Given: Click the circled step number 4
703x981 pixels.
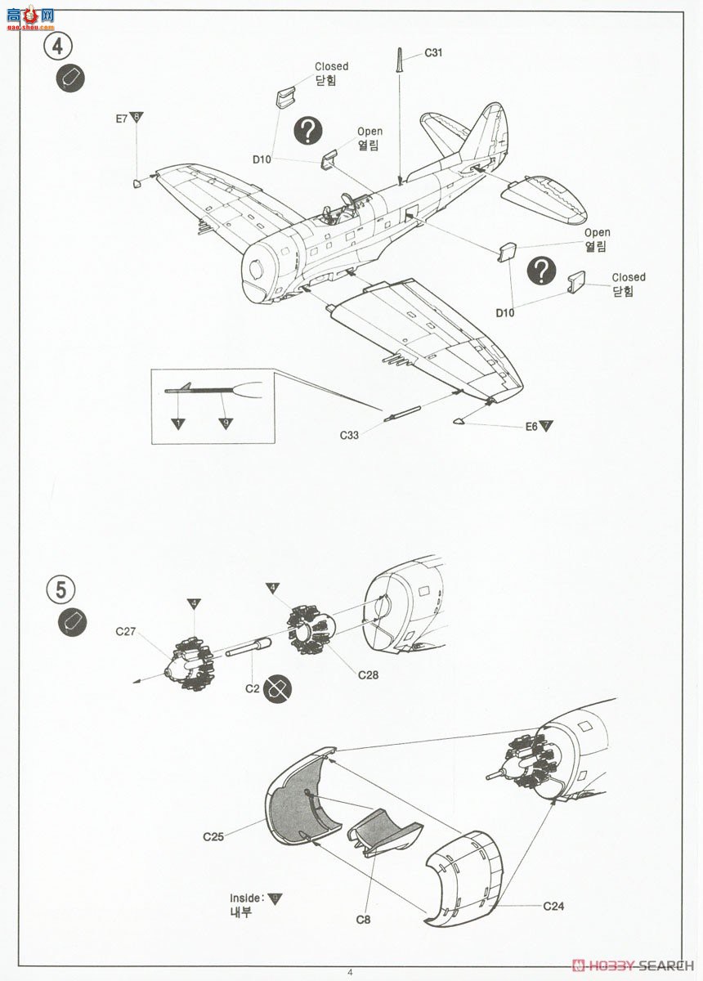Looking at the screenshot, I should tap(57, 47).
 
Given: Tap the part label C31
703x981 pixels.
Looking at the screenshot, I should tap(433, 53).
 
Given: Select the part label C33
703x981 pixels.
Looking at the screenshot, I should tap(349, 435).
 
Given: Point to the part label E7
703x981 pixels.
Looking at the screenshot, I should tap(121, 119).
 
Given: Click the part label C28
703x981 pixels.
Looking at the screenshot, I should tap(368, 675).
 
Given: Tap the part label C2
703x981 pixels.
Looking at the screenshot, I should tap(253, 688).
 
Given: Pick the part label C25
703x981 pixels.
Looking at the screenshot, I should tap(213, 836).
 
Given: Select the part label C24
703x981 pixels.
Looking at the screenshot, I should tap(553, 906).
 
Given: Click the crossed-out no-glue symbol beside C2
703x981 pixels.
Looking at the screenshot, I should tap(279, 688).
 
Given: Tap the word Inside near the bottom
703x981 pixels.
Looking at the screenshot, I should tap(246, 898).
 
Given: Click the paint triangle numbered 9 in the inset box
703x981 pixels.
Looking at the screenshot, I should tap(226, 423).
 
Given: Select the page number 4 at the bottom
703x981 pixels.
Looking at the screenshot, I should tap(350, 972).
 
